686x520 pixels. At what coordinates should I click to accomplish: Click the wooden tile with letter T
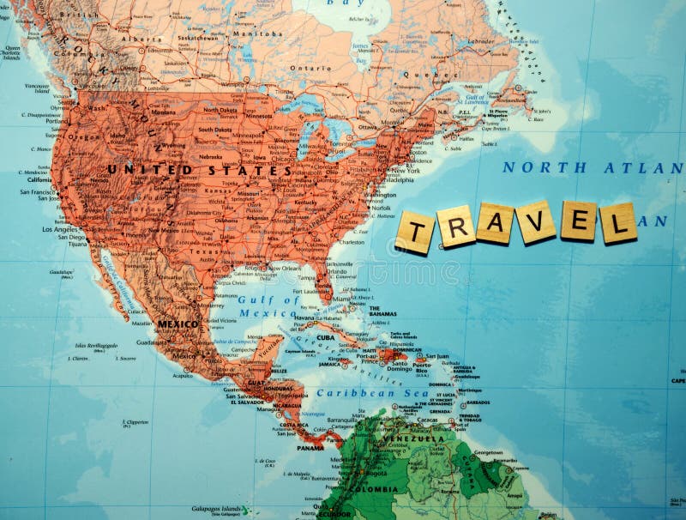[416, 233]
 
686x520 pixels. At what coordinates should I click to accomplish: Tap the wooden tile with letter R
[455, 227]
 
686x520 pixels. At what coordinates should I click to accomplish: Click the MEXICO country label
[178, 324]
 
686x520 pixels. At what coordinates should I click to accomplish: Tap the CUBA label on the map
[325, 337]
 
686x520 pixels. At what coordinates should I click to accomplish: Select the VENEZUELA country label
[414, 438]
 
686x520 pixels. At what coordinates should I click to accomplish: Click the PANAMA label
[310, 447]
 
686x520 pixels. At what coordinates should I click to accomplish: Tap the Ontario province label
[310, 68]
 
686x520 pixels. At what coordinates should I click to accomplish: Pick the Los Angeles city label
[57, 229]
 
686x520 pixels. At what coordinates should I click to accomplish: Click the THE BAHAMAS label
[382, 311]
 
